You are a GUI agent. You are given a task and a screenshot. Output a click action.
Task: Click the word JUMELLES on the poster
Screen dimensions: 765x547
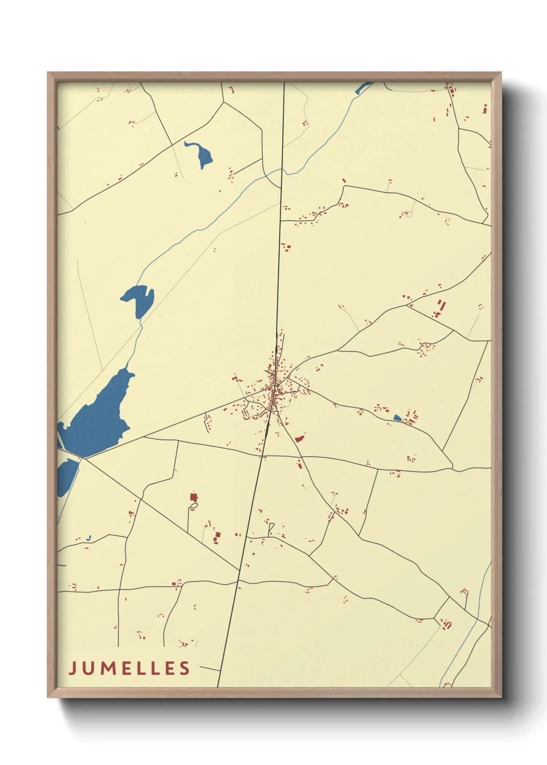(x=129, y=668)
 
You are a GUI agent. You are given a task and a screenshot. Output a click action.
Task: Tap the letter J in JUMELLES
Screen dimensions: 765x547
(x=72, y=668)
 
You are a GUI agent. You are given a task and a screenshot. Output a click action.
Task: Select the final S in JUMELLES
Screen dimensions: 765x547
(x=185, y=668)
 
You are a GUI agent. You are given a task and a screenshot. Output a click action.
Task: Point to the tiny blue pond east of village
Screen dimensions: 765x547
(x=397, y=418)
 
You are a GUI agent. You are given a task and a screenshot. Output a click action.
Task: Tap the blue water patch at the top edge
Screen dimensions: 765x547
(x=363, y=88)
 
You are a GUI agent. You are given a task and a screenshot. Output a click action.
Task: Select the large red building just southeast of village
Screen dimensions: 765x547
(x=298, y=439)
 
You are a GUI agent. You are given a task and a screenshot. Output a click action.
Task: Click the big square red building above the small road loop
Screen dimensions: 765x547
(x=194, y=497)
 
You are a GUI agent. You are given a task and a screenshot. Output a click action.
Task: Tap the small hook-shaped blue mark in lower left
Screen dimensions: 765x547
(x=89, y=539)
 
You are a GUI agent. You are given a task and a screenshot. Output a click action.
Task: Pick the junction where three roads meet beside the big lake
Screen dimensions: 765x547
(x=83, y=458)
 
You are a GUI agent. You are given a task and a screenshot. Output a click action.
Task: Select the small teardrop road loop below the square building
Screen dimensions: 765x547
(x=193, y=507)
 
